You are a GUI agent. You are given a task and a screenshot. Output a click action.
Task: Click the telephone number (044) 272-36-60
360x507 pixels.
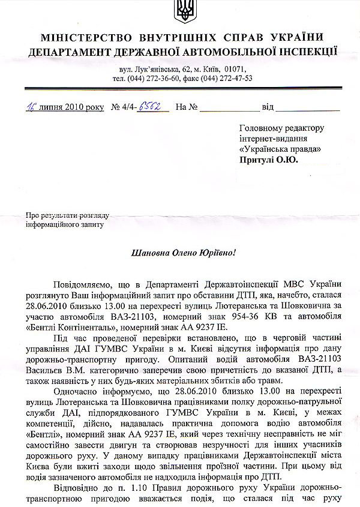tap(156, 78)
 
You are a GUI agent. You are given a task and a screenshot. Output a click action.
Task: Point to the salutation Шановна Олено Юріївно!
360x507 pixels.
tap(181, 252)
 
